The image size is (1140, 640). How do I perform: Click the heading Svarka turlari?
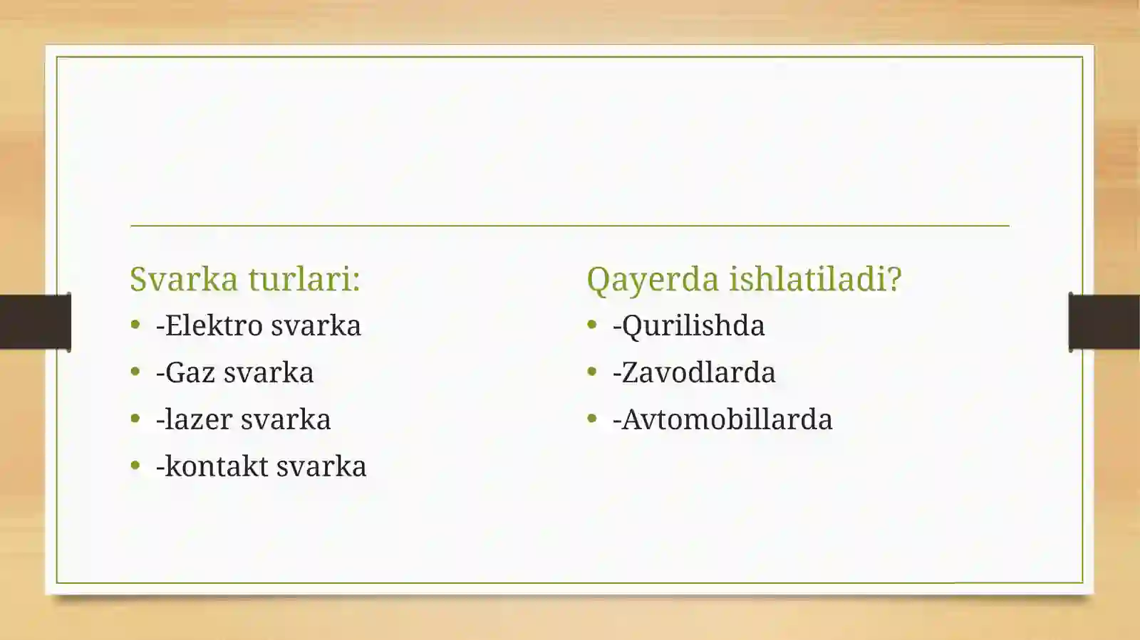point(244,278)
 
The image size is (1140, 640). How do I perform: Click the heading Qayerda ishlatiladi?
point(744,278)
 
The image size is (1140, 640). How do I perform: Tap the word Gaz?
point(190,372)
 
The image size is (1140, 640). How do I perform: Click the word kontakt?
point(216,466)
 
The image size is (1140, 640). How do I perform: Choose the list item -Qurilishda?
point(688,325)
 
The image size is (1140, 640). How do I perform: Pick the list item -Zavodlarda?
point(694,372)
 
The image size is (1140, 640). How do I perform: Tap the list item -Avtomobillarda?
point(722,419)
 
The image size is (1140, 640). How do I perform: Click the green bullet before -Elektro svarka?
point(135,325)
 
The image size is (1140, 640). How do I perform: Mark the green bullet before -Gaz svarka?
point(135,372)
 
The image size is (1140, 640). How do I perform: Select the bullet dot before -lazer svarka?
point(135,419)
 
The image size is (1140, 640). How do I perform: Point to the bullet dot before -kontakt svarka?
point(135,466)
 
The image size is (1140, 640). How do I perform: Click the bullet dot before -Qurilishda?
point(591,325)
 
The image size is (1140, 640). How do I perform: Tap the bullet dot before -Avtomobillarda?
point(591,419)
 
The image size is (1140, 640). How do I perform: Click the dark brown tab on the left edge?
point(35,322)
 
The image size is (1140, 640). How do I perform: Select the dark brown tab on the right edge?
point(1104,322)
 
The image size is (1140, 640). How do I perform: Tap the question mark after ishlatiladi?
point(894,278)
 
